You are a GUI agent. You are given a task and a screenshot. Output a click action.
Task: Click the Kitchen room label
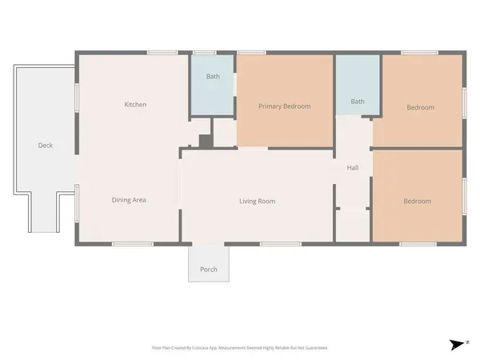point(135,105)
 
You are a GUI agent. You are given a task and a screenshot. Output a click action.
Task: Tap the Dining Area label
point(128,200)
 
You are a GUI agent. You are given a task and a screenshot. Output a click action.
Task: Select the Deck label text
point(46,146)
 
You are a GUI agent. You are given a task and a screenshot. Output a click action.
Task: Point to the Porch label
point(208,270)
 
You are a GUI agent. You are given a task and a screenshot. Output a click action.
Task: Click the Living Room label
point(257,202)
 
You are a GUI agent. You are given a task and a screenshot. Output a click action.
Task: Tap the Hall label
point(353,168)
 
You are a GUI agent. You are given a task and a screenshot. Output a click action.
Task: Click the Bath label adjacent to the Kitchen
point(213,78)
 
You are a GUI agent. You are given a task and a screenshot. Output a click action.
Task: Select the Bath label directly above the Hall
point(358,102)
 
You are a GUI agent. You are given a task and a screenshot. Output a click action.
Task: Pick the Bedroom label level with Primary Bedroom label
point(420,107)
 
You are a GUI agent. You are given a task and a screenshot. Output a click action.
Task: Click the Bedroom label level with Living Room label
point(417,202)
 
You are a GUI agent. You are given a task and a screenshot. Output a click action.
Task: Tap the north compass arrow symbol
point(457,345)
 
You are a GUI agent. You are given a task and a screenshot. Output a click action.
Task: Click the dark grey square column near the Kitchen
point(205,142)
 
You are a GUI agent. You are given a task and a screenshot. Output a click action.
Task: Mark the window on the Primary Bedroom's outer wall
point(252,53)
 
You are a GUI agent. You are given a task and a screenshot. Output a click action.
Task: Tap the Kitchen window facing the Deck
point(77,96)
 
